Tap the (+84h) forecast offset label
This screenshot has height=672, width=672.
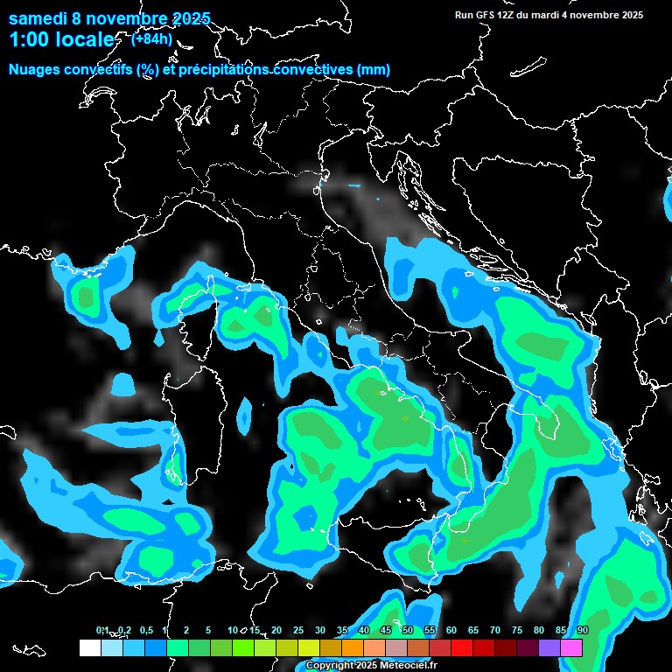click(x=151, y=38)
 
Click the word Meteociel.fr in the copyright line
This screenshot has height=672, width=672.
click(x=409, y=666)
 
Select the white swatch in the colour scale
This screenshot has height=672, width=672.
click(x=89, y=647)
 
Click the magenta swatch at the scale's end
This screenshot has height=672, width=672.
click(x=571, y=647)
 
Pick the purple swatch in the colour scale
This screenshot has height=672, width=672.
click(x=549, y=647)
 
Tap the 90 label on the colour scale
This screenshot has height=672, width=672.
click(x=583, y=631)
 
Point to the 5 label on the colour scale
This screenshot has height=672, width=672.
click(x=208, y=631)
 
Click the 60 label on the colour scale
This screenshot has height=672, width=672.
click(x=451, y=631)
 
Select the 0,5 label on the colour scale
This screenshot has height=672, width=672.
click(x=146, y=631)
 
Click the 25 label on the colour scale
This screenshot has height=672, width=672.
click(x=298, y=631)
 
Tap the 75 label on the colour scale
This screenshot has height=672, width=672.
click(x=517, y=631)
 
